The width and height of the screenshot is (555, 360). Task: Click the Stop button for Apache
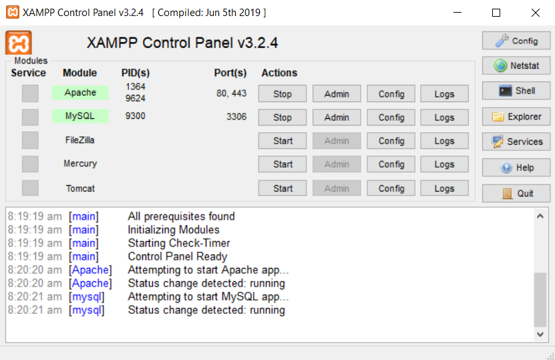(282, 94)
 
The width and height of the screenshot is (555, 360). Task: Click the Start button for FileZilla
(282, 141)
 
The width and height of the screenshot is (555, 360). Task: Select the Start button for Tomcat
(282, 188)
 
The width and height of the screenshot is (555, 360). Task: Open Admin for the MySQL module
(337, 117)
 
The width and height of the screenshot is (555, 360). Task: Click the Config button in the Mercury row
(391, 164)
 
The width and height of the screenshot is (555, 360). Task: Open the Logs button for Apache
(444, 94)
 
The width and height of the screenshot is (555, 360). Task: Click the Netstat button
(516, 65)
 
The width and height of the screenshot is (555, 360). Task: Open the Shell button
(516, 91)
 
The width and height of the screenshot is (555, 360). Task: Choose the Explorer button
(516, 116)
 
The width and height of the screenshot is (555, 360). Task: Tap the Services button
(516, 142)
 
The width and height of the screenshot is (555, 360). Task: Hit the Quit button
(516, 193)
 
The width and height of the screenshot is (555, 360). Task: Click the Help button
(516, 168)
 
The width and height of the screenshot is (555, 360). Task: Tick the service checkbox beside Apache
(30, 94)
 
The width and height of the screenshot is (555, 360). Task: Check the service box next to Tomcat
(30, 188)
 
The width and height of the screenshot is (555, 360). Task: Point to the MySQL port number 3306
(236, 116)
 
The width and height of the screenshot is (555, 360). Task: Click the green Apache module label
(80, 92)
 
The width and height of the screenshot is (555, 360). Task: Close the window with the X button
(535, 13)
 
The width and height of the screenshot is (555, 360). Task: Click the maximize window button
(496, 13)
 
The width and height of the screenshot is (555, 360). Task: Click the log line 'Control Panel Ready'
(178, 256)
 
